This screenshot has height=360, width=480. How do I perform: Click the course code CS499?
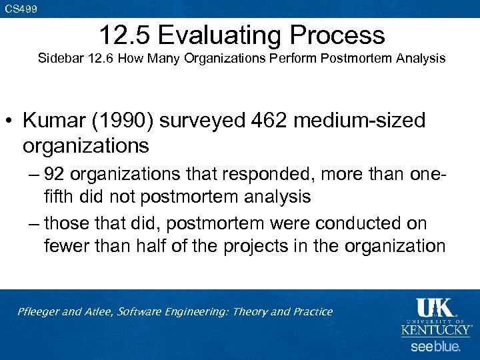[x=21, y=9]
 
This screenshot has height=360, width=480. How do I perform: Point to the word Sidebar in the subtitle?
[x=61, y=58]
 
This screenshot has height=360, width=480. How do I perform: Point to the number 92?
[x=54, y=175]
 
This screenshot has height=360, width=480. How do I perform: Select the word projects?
[x=267, y=245]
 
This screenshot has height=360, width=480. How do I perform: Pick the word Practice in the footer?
[x=310, y=312]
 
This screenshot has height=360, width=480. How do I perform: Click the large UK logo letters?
[x=435, y=309]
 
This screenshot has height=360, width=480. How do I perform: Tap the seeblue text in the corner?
[x=435, y=347]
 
